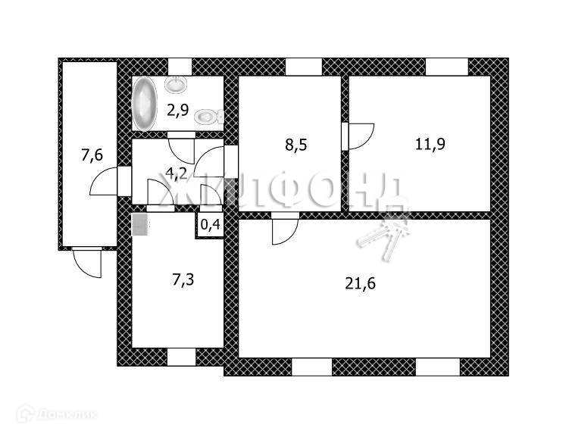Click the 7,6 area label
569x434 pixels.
pos(92,157)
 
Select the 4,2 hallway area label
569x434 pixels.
pos(177,173)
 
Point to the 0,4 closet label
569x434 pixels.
pos(210,224)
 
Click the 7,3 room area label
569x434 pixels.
pos(183,280)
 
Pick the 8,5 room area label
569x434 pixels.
pos(295,144)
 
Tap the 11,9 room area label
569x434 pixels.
pos(429,144)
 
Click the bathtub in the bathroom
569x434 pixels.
pos(144,105)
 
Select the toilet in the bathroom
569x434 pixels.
pos(207,117)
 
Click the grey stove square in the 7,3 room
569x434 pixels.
pos(139,224)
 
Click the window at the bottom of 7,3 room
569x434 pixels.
pos(181,356)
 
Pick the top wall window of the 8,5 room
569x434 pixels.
pos(304,67)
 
